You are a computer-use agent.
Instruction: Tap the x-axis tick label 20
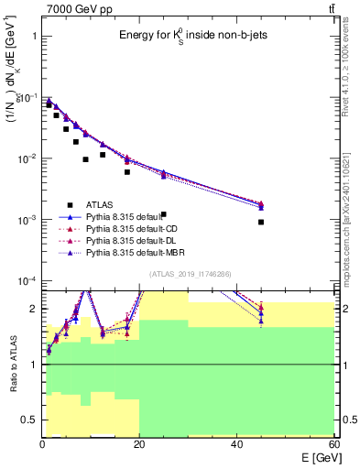(139, 444)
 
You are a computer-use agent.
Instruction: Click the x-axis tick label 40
(236, 444)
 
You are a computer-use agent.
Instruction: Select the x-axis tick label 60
(333, 444)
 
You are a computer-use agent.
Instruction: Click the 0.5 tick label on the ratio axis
(29, 420)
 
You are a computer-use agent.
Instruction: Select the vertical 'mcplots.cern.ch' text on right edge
(353, 220)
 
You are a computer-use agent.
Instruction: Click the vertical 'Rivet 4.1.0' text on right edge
(353, 64)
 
